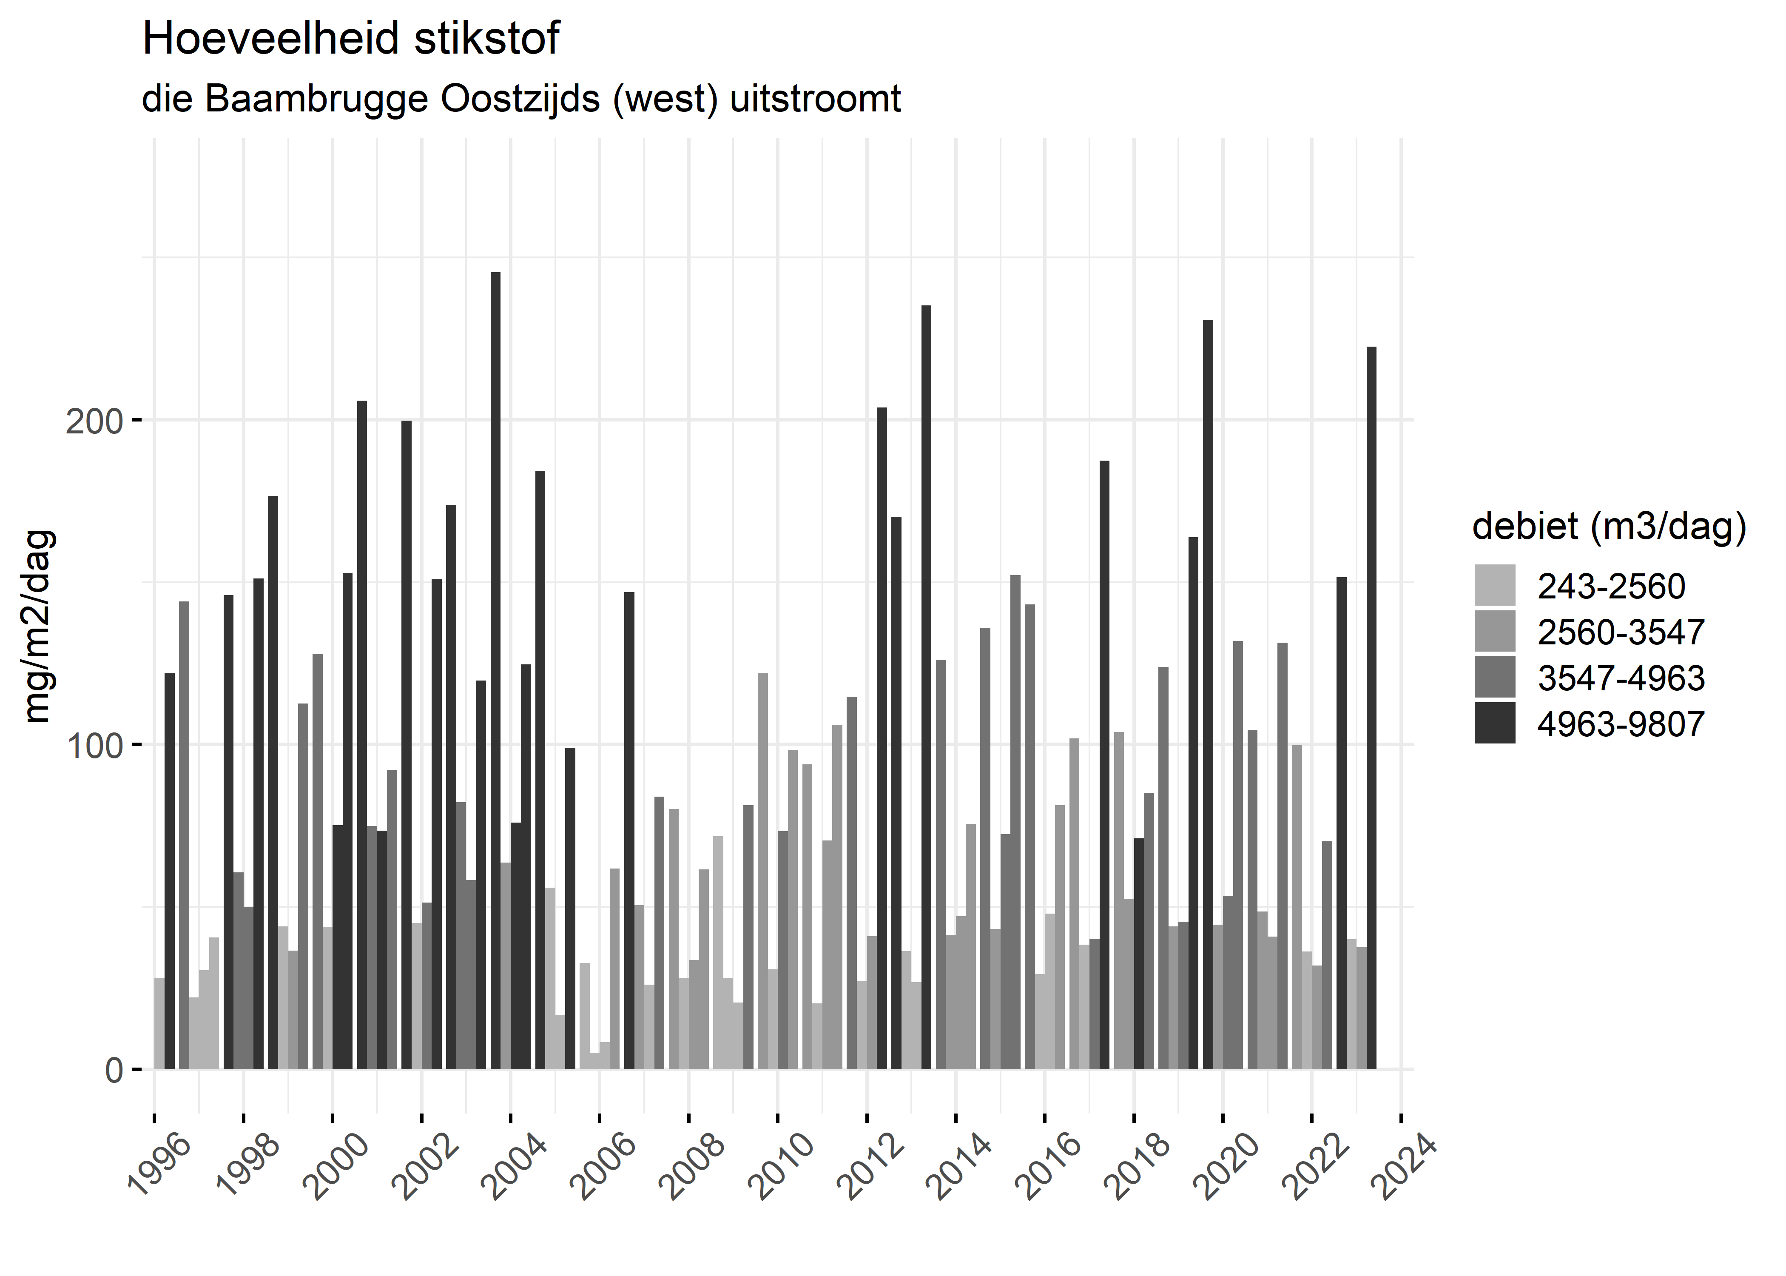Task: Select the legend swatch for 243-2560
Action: click(1495, 585)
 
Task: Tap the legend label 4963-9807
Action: click(1620, 723)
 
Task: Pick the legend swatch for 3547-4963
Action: click(1495, 677)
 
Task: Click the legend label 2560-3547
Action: click(1620, 632)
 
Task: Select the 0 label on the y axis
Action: click(114, 1070)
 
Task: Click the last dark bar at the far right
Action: click(1371, 707)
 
